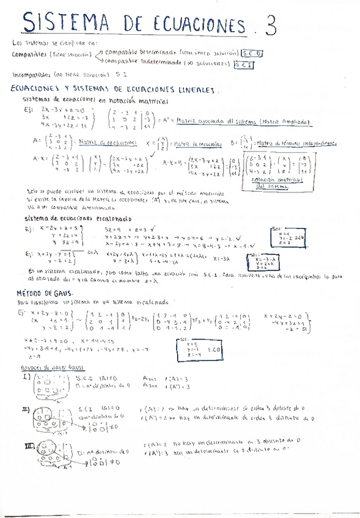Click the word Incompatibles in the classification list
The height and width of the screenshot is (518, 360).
[x=31, y=75]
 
